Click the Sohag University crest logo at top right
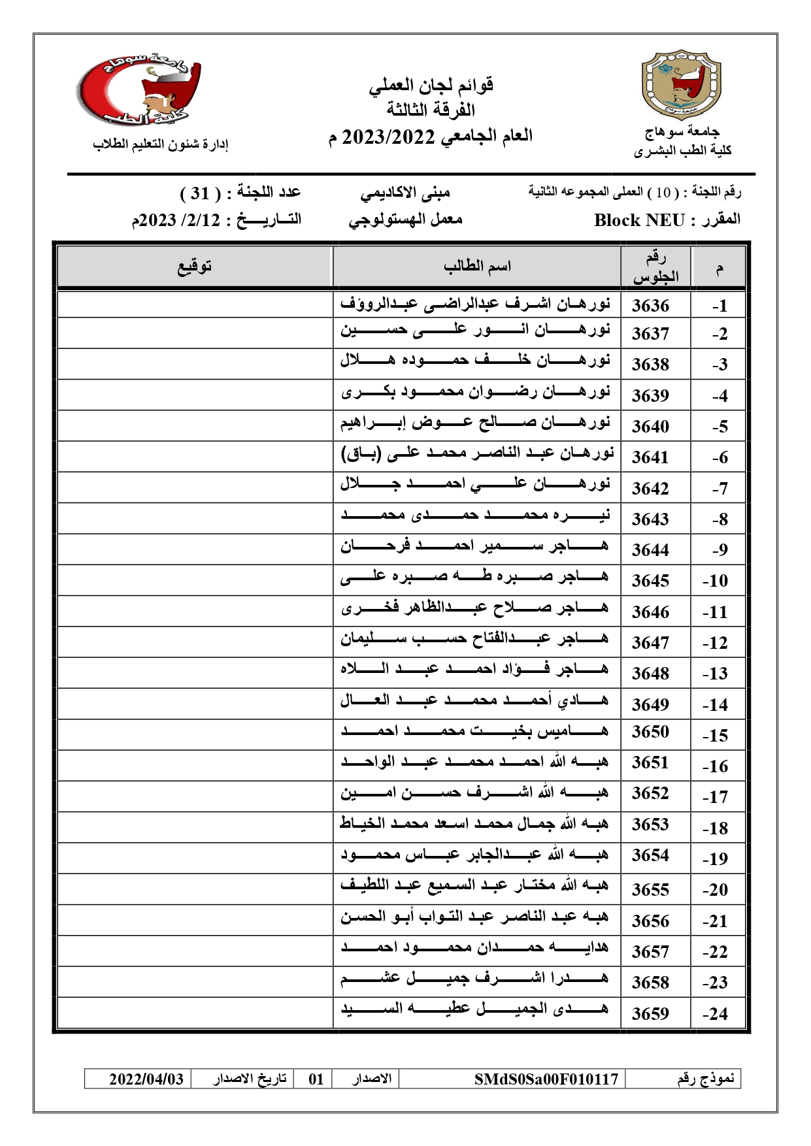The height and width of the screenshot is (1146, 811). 682,84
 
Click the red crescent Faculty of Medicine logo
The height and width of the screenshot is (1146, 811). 139,90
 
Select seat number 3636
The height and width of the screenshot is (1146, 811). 650,305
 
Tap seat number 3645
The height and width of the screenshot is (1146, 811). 650,580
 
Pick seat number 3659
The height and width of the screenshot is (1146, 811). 650,1013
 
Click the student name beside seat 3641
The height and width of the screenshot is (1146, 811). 477,454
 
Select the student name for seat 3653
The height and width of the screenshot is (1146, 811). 474,824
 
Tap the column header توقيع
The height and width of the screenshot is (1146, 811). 195,267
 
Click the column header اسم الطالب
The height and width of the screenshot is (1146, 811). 477,267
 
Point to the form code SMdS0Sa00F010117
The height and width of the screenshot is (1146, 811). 546,1079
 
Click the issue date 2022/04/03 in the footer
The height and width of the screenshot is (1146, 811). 146,1079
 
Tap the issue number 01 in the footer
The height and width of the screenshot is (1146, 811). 316,1079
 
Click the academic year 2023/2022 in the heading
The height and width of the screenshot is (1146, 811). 389,137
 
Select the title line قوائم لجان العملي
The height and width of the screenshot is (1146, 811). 431,85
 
